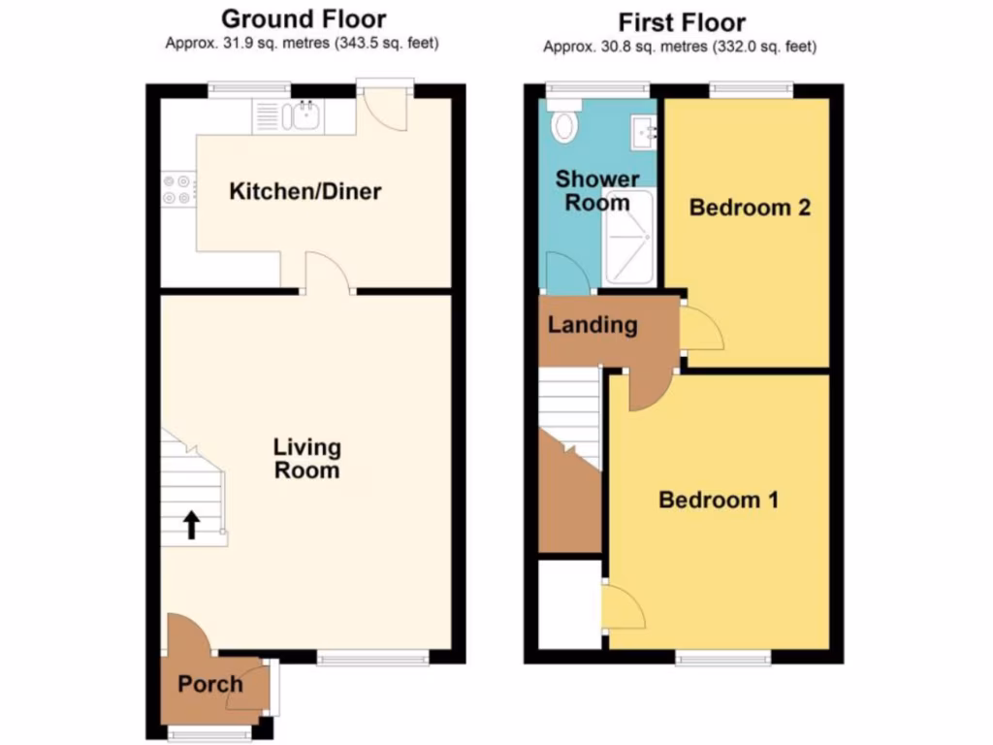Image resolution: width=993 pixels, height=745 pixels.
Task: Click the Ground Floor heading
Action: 304,18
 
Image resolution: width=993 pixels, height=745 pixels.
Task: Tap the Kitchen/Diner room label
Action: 304,191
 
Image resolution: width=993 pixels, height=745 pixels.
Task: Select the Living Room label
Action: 306,459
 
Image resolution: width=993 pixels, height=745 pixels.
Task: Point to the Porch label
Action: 209,685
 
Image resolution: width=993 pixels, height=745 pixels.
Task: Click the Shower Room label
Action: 597,191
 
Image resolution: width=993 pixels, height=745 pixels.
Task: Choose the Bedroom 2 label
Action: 750,208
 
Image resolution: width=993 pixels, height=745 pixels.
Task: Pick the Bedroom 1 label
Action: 719,501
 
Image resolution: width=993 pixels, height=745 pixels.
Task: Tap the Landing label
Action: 593,325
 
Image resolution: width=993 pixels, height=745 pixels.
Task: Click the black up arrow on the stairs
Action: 192,525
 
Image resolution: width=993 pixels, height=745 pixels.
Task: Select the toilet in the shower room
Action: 563,123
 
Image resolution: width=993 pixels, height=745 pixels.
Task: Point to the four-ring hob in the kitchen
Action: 177,188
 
